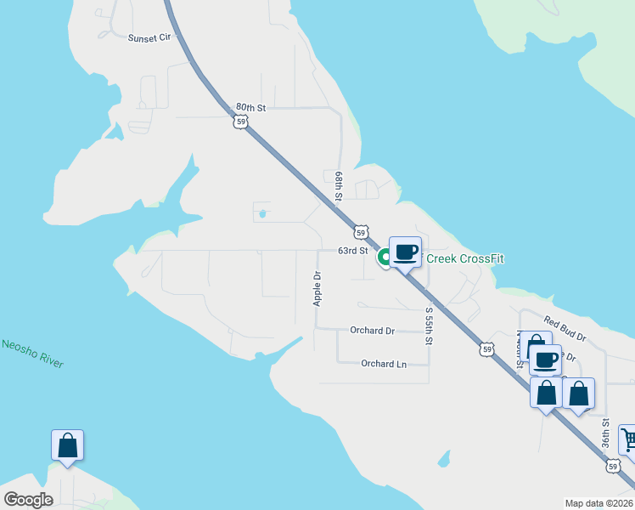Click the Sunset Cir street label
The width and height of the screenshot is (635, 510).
[x=149, y=38]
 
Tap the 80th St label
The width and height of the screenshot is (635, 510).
[x=251, y=108]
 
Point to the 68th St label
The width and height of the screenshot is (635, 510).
[x=338, y=185]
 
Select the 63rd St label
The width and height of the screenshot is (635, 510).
[x=352, y=251]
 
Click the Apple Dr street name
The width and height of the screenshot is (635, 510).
[x=317, y=288]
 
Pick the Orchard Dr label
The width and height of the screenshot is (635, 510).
[x=372, y=331]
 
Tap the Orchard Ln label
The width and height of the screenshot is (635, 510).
[x=383, y=364]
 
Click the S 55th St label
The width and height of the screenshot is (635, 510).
[x=429, y=326]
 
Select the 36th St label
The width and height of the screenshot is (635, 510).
[x=606, y=433]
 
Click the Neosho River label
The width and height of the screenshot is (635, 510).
[x=32, y=353]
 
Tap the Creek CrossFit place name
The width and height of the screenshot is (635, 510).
[x=465, y=258]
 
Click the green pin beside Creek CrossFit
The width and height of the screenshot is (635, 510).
[x=385, y=256]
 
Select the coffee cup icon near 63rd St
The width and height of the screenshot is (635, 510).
[x=406, y=252]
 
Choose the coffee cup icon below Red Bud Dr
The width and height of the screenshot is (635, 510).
[x=545, y=360]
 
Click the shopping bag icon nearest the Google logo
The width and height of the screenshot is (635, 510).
[x=68, y=445]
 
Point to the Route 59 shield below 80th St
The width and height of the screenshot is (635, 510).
[x=242, y=122]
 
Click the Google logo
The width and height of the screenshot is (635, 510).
[x=29, y=500]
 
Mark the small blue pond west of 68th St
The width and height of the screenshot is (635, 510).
[x=262, y=214]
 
